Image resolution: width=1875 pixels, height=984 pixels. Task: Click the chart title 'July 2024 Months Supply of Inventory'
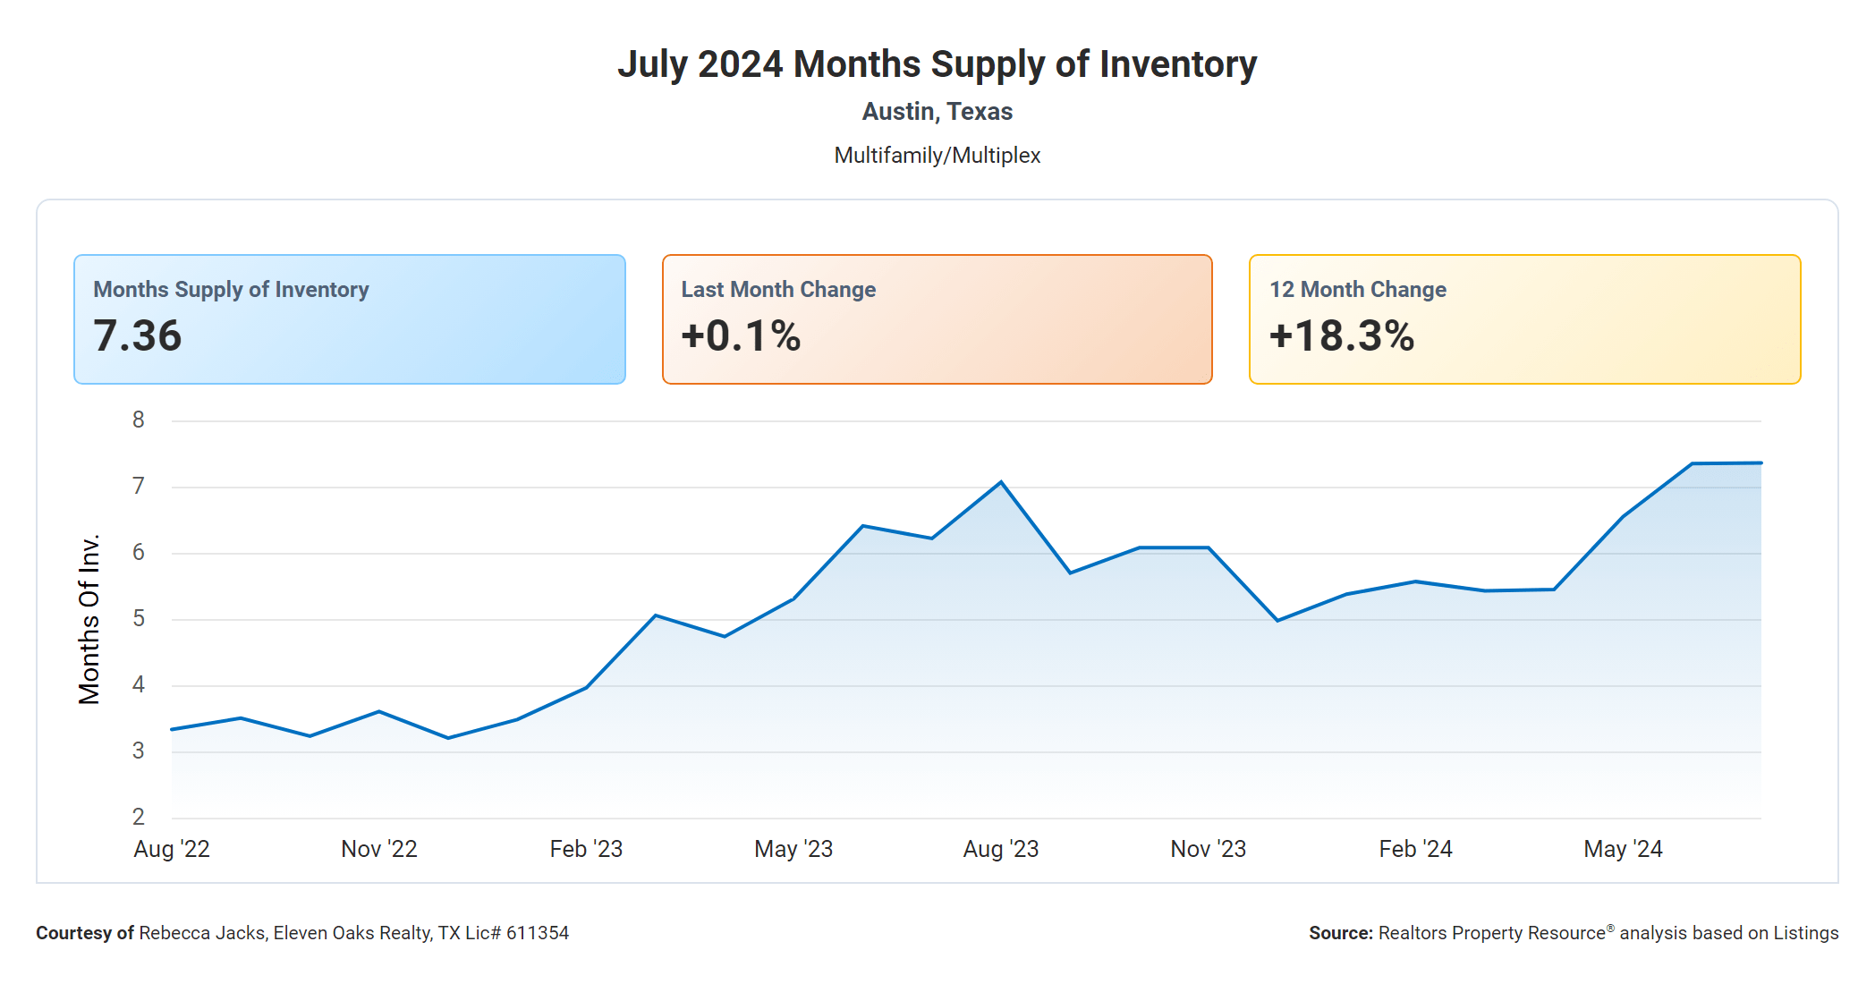937,64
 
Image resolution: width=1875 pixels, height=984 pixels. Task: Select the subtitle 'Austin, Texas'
937,112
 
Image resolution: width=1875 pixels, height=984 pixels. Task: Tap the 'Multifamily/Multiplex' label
937,156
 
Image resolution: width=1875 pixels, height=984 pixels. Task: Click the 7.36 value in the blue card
138,336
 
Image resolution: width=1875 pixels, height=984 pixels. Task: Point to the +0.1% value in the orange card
741,336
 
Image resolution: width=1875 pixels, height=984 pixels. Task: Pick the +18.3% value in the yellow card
1341,336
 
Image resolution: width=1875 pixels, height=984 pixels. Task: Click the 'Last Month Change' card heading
778,290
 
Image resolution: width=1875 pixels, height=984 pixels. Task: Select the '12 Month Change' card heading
1357,290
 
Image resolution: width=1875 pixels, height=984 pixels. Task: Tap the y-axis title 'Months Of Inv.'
89,619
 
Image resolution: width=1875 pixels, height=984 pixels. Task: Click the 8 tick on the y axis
139,420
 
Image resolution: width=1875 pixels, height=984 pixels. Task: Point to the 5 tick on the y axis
139,618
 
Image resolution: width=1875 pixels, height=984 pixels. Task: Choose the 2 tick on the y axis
139,817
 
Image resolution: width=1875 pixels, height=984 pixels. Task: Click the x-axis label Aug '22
172,849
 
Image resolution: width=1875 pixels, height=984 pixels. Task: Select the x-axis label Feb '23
586,849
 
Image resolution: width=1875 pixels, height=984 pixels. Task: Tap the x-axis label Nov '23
1208,849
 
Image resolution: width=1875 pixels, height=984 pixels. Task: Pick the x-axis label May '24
1623,849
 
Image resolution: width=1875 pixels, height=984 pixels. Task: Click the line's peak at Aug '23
1001,482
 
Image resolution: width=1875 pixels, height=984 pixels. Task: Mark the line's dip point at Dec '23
1277,620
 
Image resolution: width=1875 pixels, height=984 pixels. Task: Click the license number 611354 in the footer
538,933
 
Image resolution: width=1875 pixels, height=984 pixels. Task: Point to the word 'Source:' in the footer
1340,933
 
